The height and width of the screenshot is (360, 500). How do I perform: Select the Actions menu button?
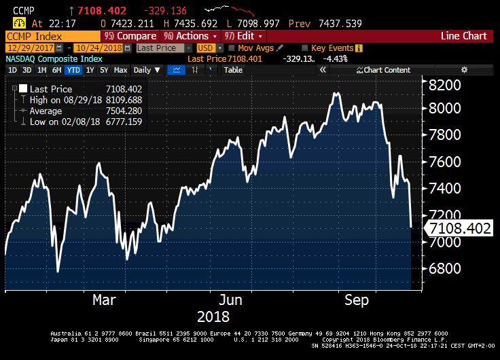[192, 35]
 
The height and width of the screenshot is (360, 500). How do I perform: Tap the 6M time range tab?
[57, 70]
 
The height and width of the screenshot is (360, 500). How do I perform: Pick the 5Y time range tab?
[104, 70]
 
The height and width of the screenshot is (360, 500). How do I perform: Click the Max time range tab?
[121, 70]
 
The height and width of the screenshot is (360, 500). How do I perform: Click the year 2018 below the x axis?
[213, 317]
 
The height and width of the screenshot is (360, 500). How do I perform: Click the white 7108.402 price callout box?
[457, 229]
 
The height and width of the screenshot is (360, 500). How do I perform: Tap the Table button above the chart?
[233, 70]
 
